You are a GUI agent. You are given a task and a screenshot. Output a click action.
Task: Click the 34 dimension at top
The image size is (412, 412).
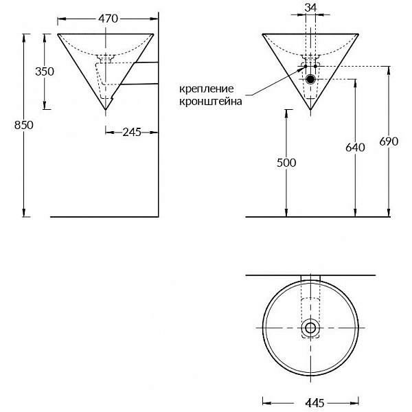(x=310, y=8)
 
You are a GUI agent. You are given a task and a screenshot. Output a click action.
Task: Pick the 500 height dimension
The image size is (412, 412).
(x=286, y=163)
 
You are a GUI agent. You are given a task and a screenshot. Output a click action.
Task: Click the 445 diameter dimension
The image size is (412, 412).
(x=310, y=400)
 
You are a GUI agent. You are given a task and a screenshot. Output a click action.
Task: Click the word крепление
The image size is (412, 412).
(x=206, y=89)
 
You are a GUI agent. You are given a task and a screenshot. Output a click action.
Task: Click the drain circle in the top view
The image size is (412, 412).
(x=310, y=328)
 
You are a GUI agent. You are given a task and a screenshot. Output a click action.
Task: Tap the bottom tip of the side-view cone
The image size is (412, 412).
(x=105, y=109)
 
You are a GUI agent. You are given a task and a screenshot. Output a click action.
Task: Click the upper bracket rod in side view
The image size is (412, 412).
(x=144, y=63)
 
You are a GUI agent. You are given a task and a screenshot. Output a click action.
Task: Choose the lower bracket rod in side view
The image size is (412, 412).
(x=141, y=83)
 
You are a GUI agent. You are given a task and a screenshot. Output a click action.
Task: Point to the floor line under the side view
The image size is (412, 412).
(x=103, y=216)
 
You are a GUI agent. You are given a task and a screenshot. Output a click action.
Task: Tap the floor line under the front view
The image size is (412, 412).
(x=309, y=216)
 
